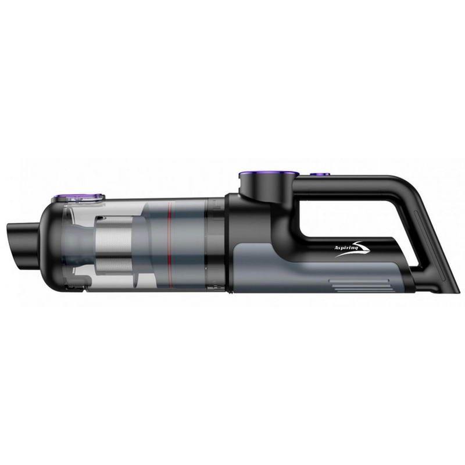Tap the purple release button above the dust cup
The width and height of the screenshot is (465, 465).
(x=78, y=196)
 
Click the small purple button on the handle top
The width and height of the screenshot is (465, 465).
(x=320, y=174)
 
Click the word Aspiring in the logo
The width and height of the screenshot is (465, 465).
(x=342, y=246)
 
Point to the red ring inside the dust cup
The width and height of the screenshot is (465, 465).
(x=169, y=244)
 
